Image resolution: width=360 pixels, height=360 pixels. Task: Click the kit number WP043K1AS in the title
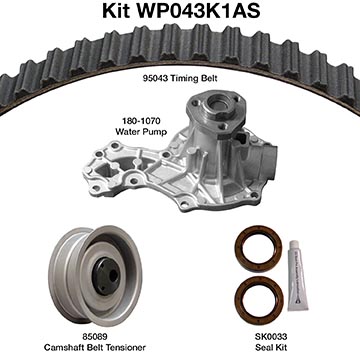197,11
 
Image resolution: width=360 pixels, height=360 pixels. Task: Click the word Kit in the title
115,11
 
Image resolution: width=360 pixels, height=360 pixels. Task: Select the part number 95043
154,79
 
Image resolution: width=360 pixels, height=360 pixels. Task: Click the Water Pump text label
141,132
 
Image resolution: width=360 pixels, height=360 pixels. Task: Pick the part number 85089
95,337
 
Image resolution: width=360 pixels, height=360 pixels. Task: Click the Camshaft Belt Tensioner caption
95,347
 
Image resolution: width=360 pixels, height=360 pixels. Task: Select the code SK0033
271,337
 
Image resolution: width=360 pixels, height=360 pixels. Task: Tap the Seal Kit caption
271,347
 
